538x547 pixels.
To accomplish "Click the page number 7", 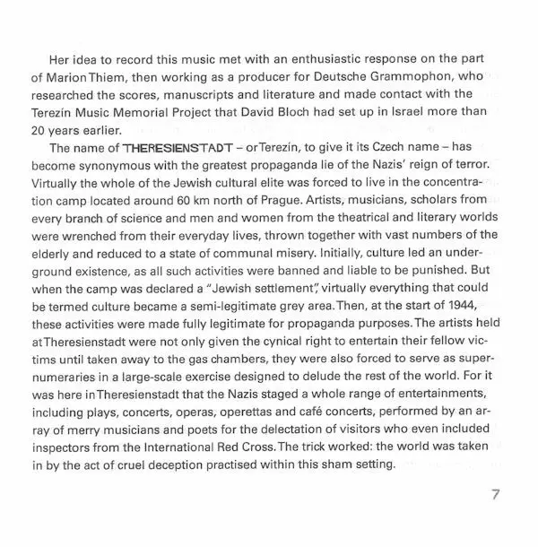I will (495, 496).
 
